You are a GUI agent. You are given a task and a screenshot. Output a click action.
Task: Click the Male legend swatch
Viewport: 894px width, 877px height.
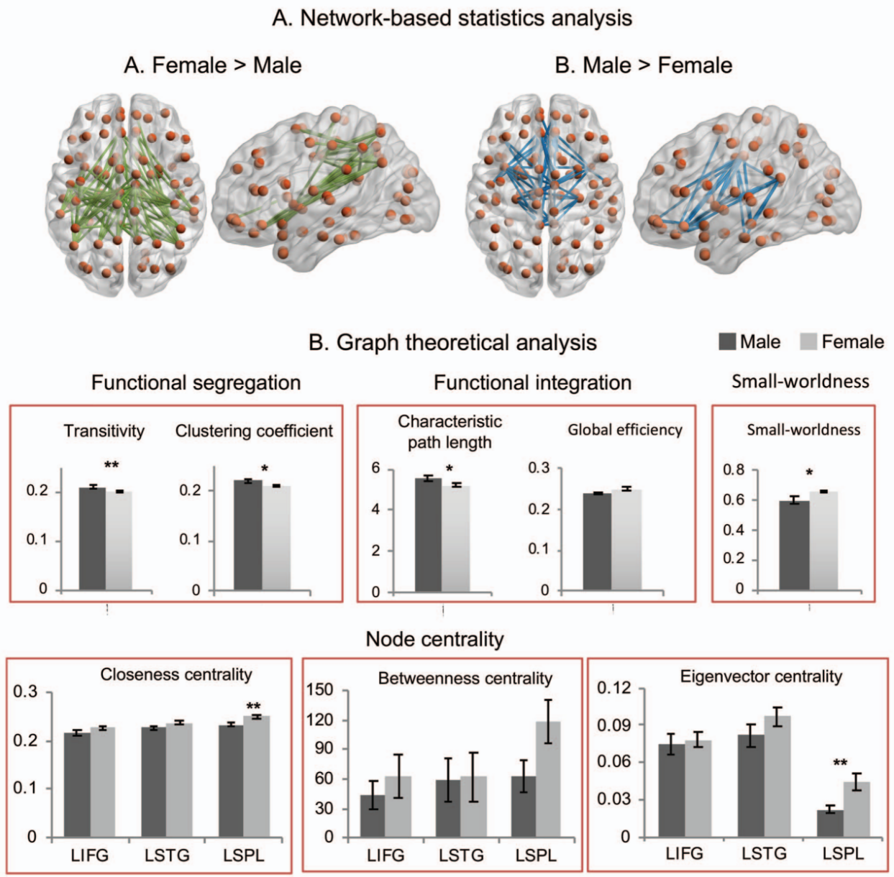tap(726, 341)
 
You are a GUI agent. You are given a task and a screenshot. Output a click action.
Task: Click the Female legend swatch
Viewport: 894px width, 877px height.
tap(808, 341)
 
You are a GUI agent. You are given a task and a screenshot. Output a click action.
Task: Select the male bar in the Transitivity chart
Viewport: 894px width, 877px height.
tap(92, 539)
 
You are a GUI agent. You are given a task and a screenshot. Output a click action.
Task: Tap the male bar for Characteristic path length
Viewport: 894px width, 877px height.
tap(429, 536)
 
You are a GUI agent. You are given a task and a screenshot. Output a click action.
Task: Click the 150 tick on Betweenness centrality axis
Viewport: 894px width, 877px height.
tap(321, 691)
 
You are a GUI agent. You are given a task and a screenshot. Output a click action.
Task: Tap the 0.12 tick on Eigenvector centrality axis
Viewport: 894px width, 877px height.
tap(614, 688)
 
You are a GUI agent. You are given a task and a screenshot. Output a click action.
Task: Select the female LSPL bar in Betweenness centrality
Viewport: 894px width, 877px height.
tap(547, 779)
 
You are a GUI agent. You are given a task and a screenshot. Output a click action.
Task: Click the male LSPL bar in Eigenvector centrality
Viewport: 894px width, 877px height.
tap(830, 824)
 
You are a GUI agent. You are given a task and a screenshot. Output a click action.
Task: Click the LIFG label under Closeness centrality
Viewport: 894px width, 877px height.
tap(89, 855)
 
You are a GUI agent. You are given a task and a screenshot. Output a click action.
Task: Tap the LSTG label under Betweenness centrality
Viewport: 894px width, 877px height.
tap(461, 856)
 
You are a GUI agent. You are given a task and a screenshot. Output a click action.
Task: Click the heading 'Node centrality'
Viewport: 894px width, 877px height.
tap(434, 639)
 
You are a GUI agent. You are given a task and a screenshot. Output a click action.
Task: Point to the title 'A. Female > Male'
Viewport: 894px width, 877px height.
tap(212, 65)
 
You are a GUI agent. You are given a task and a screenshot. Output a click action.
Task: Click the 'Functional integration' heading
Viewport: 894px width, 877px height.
tap(532, 382)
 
